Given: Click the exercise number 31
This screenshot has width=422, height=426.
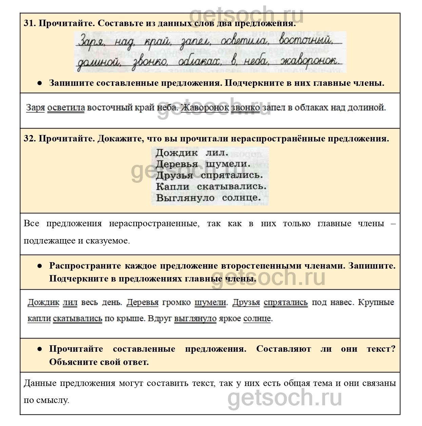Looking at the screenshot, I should click(x=29, y=23).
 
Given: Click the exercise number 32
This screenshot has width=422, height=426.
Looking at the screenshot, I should click(x=29, y=139).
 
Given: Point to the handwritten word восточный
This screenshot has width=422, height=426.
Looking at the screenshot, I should click(x=305, y=41).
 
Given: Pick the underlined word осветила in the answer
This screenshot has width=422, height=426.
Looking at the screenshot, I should click(x=66, y=108).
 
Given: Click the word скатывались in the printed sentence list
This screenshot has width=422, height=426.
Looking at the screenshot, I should click(x=232, y=186).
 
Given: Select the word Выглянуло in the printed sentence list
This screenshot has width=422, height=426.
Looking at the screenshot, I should click(x=185, y=198).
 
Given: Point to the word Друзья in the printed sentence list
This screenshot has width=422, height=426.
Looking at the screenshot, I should click(x=174, y=175).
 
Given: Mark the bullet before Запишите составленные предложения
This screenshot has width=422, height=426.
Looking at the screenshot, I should click(x=40, y=83).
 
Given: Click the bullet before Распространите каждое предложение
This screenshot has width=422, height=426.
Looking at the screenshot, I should click(x=40, y=266).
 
